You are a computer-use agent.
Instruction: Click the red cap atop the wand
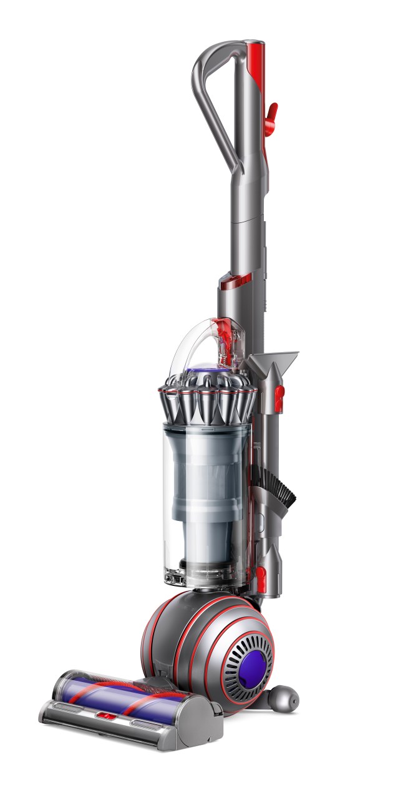pyautogui.click(x=255, y=49)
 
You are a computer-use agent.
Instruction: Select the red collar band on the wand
pyautogui.click(x=236, y=281)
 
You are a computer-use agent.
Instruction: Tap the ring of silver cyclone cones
pyautogui.click(x=206, y=403)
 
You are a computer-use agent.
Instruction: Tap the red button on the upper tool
pyautogui.click(x=280, y=393)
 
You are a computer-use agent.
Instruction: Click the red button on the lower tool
pyautogui.click(x=262, y=573)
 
